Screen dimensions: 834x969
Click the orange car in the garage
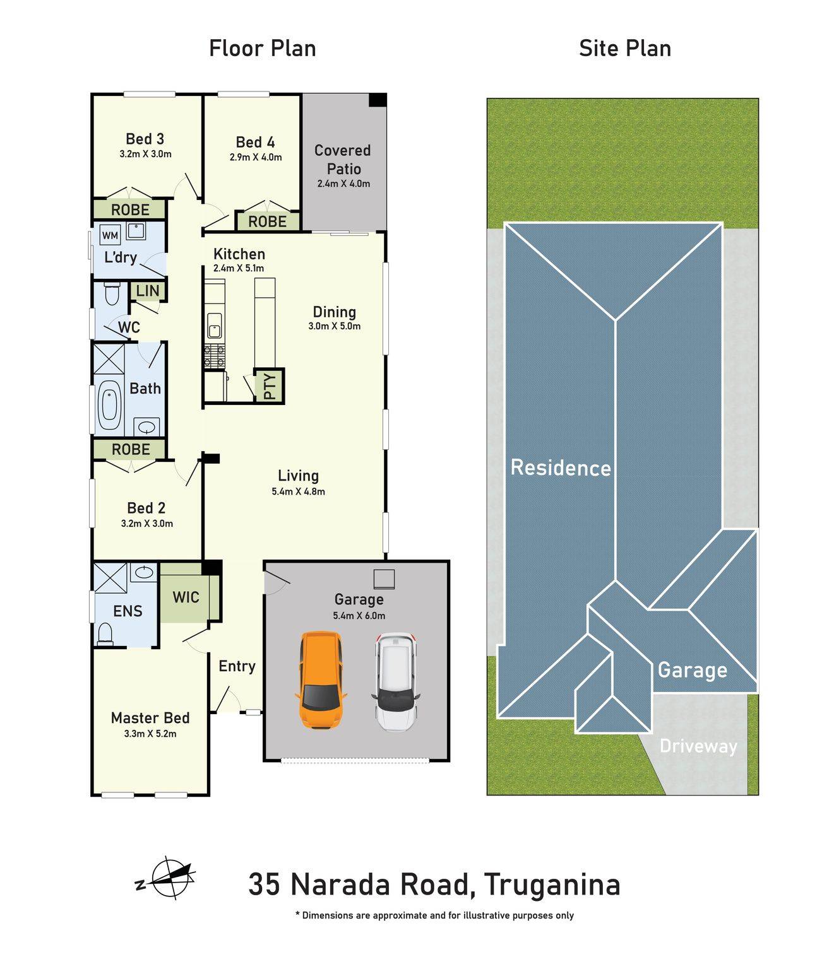click(320, 680)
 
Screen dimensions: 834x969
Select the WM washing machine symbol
click(110, 235)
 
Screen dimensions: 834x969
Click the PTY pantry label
click(270, 385)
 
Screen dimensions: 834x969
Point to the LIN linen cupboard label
click(148, 291)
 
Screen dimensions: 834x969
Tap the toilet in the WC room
click(112, 293)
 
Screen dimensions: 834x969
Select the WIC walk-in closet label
click(186, 597)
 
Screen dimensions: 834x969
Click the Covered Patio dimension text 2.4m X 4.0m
click(343, 184)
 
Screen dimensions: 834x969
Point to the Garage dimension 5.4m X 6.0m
click(359, 616)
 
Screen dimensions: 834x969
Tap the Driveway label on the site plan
click(698, 746)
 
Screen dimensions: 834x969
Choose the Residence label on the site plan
click(561, 468)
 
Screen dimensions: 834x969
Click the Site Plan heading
click(625, 49)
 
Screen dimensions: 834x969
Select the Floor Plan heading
click(262, 49)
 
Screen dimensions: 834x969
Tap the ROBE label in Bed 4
click(267, 221)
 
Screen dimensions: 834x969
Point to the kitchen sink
click(215, 326)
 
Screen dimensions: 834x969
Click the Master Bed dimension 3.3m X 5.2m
click(150, 734)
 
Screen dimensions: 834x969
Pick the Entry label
click(237, 666)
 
